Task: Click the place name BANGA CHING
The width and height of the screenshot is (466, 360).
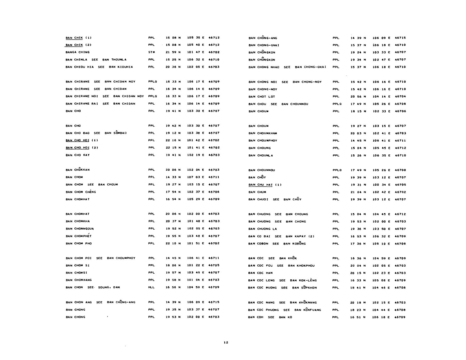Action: tap(77, 52)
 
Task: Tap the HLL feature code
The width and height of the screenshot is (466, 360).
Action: tap(151, 287)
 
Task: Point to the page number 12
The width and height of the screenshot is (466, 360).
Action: tap(226, 343)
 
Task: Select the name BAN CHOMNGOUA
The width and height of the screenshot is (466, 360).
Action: tap(80, 229)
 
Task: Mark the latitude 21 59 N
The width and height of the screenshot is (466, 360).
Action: tap(173, 52)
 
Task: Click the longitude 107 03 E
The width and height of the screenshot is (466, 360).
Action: tap(195, 177)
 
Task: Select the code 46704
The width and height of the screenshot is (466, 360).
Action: tap(400, 97)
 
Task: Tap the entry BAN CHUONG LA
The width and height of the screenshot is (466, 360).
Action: tap(262, 229)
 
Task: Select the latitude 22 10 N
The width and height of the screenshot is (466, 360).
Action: tap(173, 243)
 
